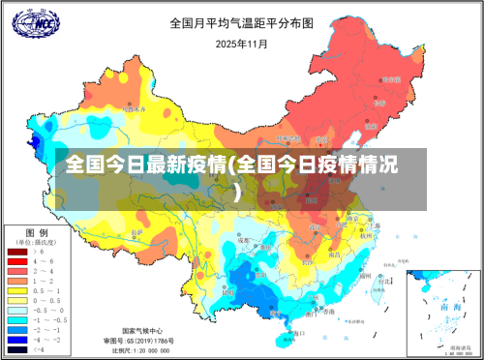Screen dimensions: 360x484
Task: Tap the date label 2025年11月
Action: click(x=241, y=43)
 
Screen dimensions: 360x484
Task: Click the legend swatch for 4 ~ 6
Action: click(x=17, y=261)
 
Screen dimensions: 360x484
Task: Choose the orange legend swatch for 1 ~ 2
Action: click(x=17, y=281)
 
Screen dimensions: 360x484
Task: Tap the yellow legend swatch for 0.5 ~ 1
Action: click(x=17, y=290)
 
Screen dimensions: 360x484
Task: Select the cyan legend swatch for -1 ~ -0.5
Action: click(x=17, y=319)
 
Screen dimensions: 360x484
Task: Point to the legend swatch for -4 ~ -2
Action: click(x=17, y=339)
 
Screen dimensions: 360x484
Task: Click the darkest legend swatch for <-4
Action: click(x=17, y=348)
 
